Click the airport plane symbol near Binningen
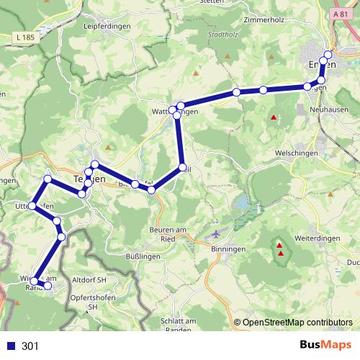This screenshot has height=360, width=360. click(219, 235)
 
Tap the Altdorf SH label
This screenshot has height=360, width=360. click(89, 279)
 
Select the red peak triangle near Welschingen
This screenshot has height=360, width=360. click(273, 117)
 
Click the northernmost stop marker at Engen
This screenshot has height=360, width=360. click(328, 54)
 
